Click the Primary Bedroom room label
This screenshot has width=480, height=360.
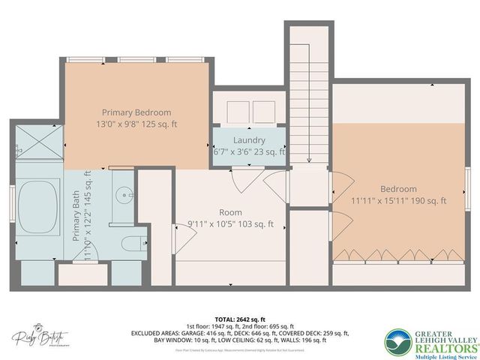(137, 112)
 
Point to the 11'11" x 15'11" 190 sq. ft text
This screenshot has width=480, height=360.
(397, 200)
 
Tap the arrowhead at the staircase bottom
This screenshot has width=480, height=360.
(308, 159)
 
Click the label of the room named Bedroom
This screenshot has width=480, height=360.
(397, 189)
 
